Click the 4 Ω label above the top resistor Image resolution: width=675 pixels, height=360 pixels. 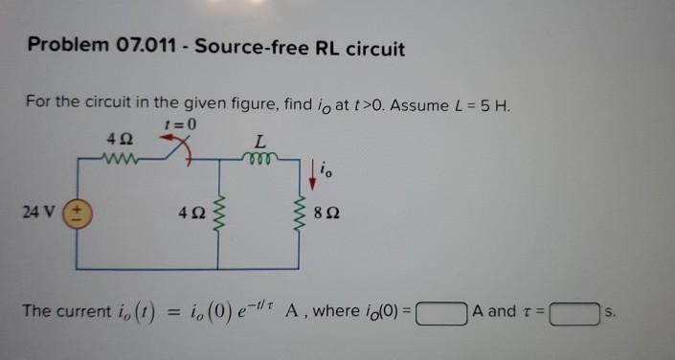point(122,141)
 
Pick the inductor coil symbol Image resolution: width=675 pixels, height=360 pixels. point(258,159)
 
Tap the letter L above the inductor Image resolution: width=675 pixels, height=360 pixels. point(258,141)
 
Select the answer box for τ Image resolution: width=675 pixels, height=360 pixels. point(574,312)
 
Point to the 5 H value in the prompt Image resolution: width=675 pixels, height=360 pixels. point(497,103)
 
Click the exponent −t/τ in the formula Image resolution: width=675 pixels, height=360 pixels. point(256,305)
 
